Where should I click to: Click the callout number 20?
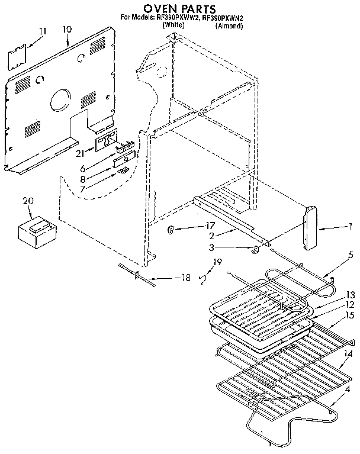[26, 201]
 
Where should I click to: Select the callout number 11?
[42, 31]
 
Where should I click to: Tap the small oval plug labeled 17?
[170, 230]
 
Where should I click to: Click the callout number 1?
[351, 226]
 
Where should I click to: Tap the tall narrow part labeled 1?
[311, 228]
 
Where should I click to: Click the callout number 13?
[350, 294]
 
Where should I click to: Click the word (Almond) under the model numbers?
[229, 25]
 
